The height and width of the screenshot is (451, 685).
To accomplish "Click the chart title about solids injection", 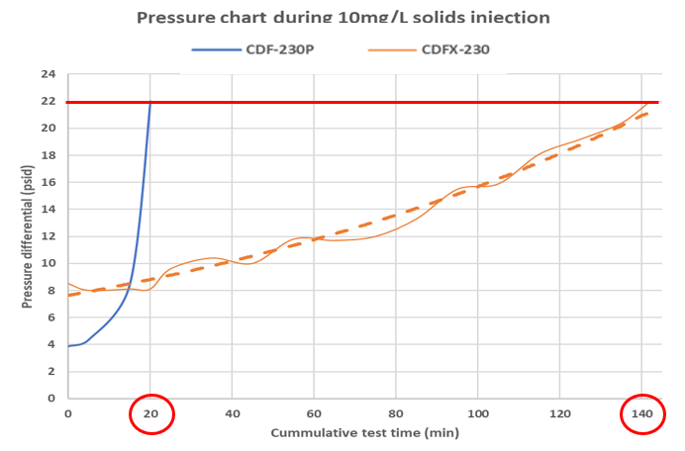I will coord(342,17).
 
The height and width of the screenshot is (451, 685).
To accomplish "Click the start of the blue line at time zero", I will coord(68,345).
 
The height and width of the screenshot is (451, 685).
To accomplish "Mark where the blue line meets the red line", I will coord(149,103).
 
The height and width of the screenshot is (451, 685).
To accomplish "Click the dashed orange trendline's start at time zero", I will coord(68,295).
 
